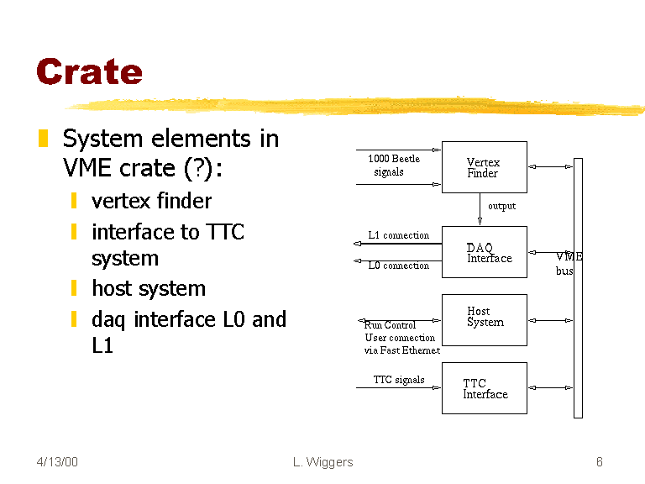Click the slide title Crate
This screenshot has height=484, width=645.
pos(89,71)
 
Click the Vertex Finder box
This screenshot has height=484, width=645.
pos(485,167)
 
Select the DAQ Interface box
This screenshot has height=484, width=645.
pos(485,252)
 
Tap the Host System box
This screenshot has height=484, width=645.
pos(485,319)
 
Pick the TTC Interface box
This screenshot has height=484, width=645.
pos(485,388)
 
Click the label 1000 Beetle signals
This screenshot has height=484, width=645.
pos(393,165)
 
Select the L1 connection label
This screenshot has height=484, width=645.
pos(398,235)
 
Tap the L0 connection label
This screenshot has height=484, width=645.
pos(398,266)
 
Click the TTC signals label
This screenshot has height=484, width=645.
pos(399,380)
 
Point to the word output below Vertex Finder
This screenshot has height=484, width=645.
pos(501,206)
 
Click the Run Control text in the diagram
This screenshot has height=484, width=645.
pos(390,325)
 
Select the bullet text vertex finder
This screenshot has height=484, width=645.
pos(151,201)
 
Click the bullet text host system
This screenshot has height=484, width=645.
pos(148,288)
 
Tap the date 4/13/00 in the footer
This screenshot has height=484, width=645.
pos(57,462)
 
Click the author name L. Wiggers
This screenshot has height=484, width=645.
pos(323,462)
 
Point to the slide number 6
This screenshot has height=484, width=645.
pos(599,462)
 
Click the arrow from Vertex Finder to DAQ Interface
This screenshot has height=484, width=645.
pos(480,209)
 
